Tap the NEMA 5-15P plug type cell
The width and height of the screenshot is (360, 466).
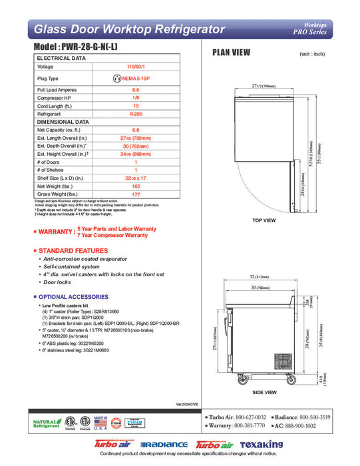pos(136,78)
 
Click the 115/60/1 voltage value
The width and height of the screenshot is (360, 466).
pos(136,67)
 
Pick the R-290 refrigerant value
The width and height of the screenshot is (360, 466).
pos(136,114)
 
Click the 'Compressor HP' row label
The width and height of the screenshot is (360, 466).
pos(56,97)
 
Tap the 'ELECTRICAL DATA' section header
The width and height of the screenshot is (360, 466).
pos(61,59)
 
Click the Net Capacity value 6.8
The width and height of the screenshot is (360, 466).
pos(136,130)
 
